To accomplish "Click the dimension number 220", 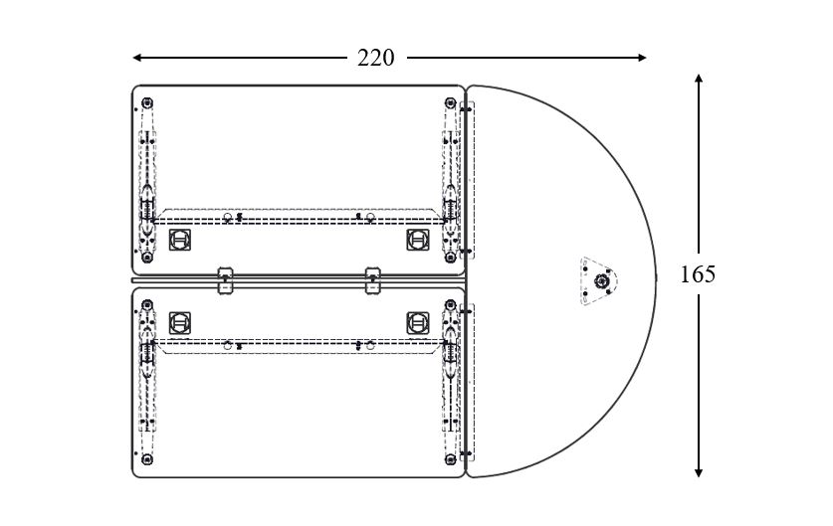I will (375, 58).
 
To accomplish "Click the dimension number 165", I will (698, 274).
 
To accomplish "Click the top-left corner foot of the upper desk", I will (147, 102).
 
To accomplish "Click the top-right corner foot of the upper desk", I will (450, 102).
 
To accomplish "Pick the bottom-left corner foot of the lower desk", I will (147, 458).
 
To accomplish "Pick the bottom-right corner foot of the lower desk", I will (450, 458).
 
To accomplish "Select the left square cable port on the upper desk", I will (180, 239).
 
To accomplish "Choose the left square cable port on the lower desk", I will (180, 322).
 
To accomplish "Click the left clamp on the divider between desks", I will (225, 279).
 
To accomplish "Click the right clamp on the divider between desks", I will (373, 279).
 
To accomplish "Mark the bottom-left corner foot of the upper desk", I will (147, 255).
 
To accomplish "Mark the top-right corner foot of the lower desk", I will (450, 306).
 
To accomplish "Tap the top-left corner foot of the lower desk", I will (147, 306).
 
